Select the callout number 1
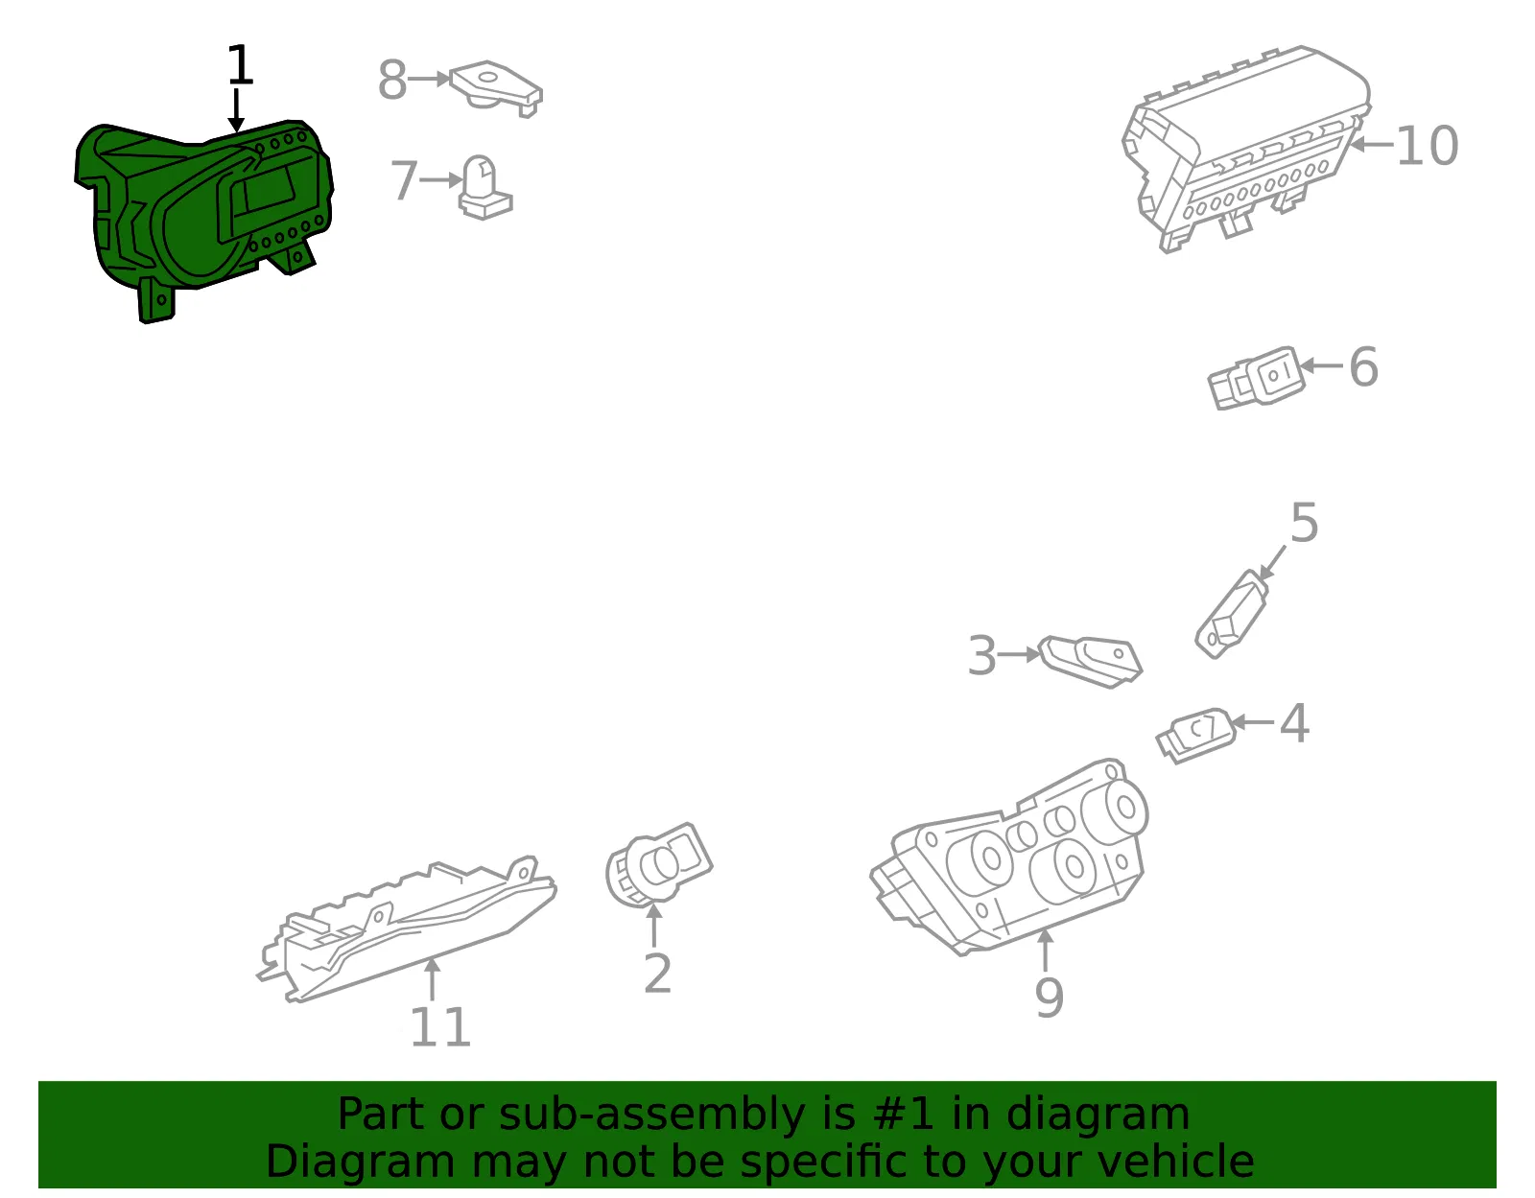[240, 65]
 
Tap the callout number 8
[392, 79]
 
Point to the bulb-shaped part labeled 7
[484, 188]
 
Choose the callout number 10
[1427, 146]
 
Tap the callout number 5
[1304, 523]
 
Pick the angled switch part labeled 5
[1231, 614]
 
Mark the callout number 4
[1294, 723]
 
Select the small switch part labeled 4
[1196, 735]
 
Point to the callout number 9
[1049, 998]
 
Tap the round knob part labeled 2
[658, 865]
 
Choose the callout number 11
[439, 1027]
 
